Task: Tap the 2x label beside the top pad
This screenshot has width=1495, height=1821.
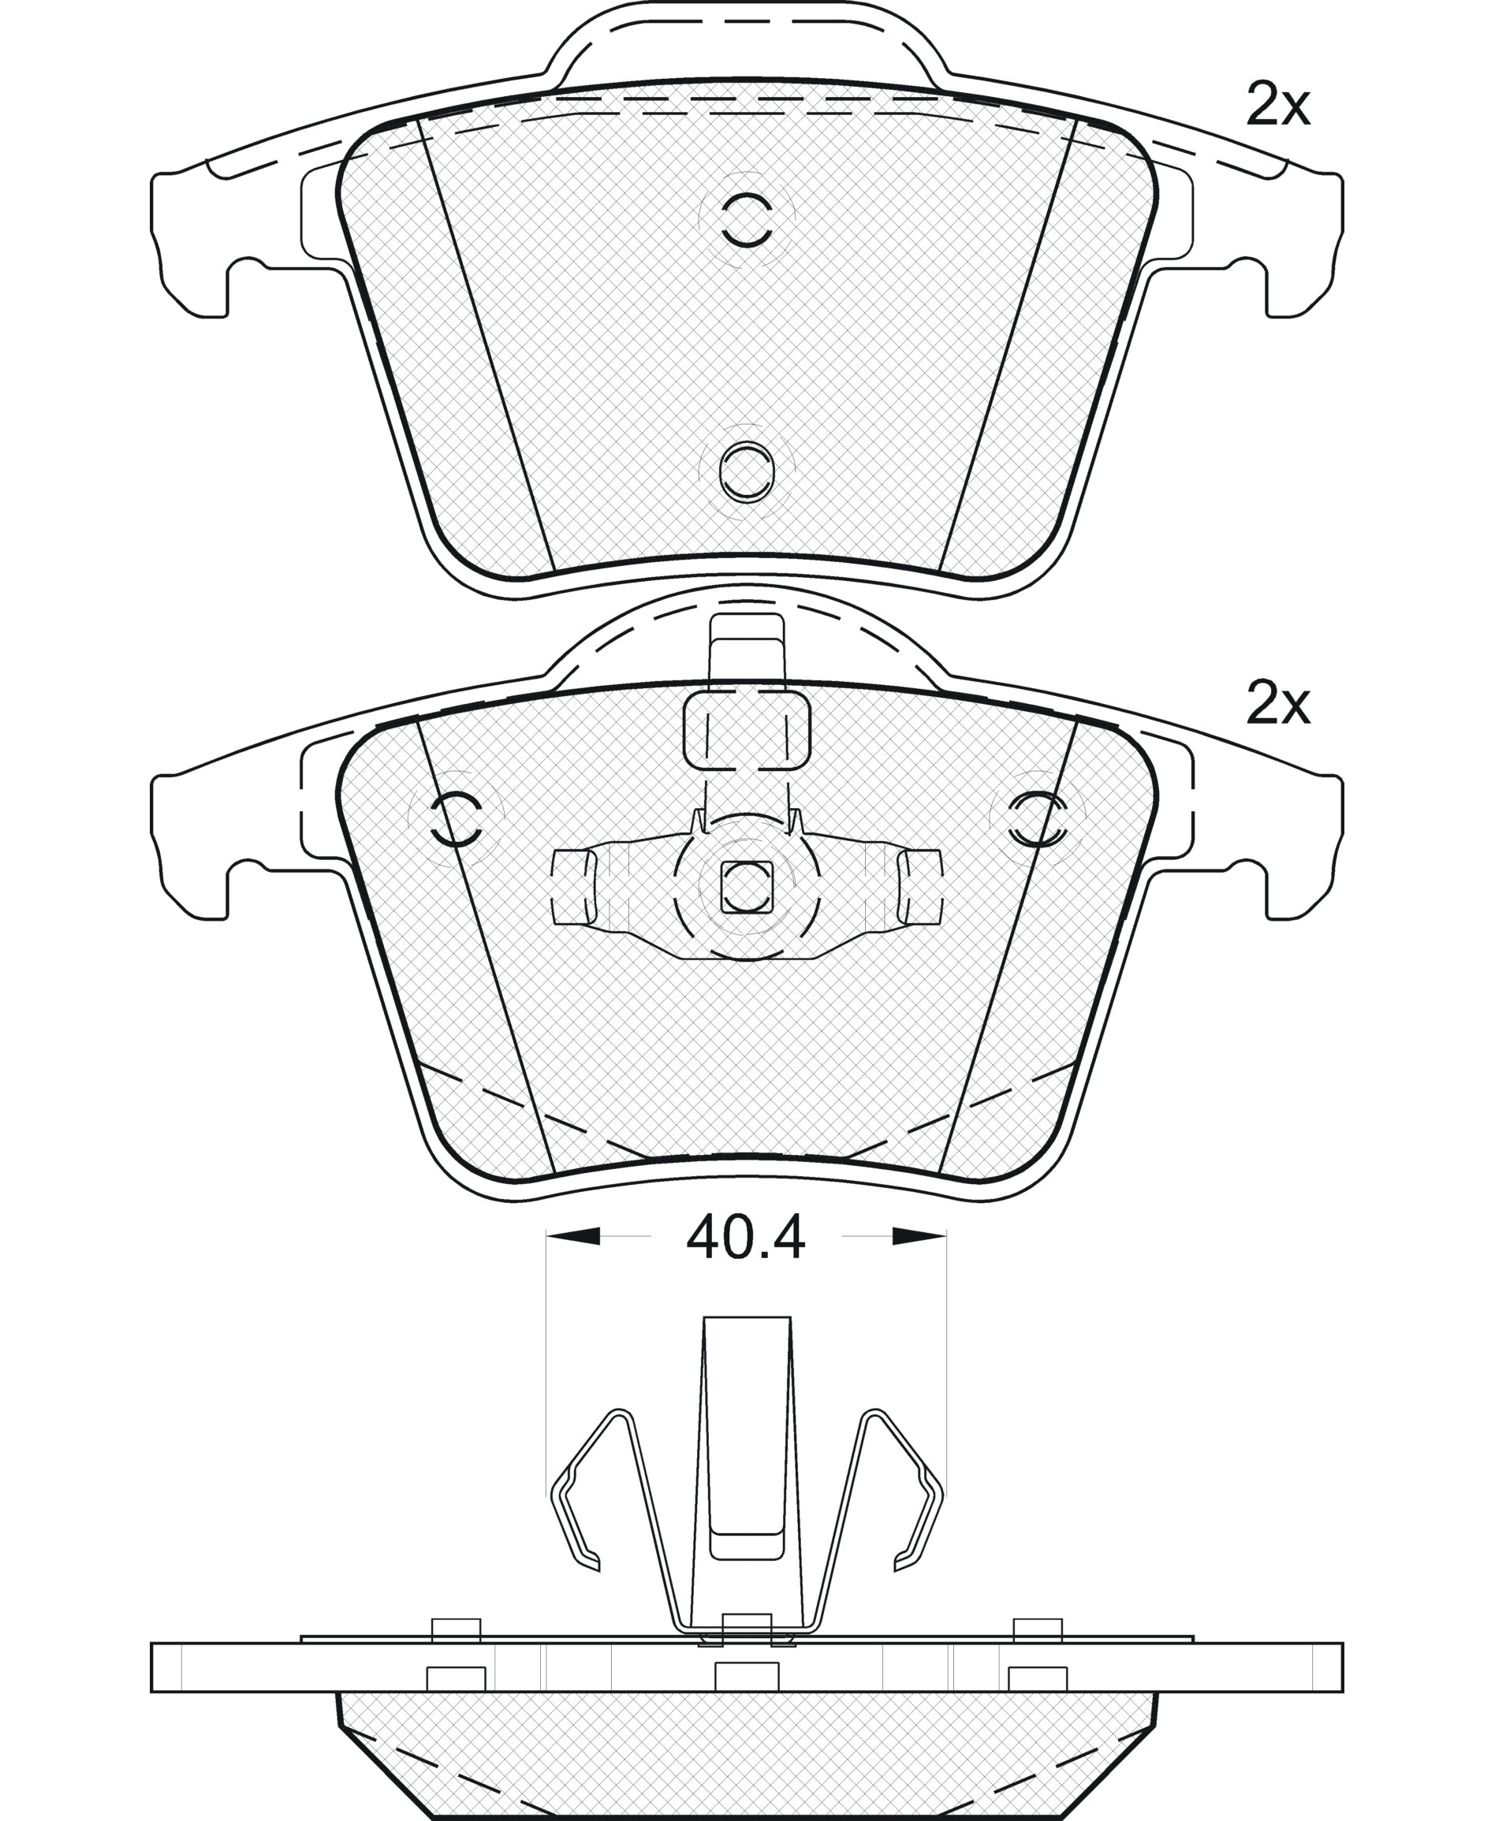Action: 1278,106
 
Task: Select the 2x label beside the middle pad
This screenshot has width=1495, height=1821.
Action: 1278,706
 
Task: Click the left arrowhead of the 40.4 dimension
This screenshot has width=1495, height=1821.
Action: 572,1237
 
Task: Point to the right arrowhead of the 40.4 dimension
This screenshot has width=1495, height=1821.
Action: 919,1237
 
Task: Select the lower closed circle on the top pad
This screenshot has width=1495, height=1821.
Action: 747,472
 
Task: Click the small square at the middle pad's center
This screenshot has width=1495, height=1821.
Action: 747,887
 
